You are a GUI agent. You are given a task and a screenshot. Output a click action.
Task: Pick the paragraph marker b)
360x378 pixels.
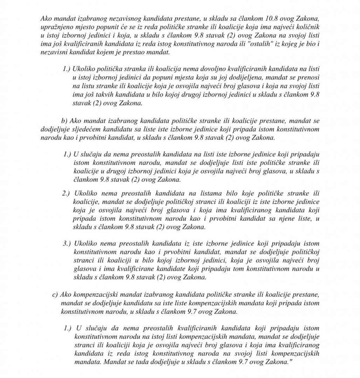pos(64,121)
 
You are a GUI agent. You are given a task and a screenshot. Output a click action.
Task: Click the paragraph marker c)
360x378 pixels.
pos(55,295)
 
